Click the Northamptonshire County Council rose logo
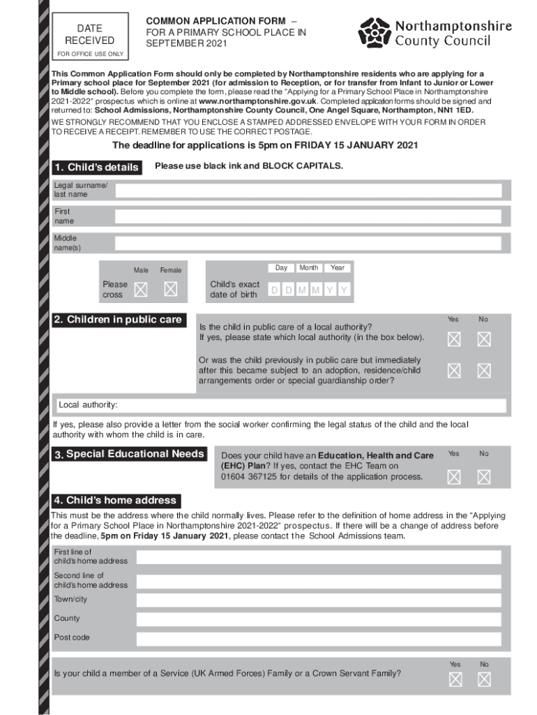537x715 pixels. click(x=375, y=32)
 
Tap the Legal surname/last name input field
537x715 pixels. click(x=308, y=191)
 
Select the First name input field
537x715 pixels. click(x=308, y=216)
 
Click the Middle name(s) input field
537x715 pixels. click(x=308, y=243)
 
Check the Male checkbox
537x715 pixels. click(x=141, y=289)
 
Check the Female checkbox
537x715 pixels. click(x=170, y=289)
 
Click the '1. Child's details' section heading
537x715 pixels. click(x=97, y=168)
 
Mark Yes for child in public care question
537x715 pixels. click(x=454, y=339)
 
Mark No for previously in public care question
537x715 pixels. click(x=484, y=371)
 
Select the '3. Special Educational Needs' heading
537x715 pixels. click(x=130, y=455)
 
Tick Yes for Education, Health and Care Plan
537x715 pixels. click(x=454, y=477)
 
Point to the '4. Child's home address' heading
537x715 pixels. click(x=116, y=501)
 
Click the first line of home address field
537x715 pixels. click(x=318, y=556)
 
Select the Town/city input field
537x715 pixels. click(x=318, y=600)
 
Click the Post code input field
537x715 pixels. click(x=318, y=638)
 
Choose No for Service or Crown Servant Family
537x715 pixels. click(x=484, y=679)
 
